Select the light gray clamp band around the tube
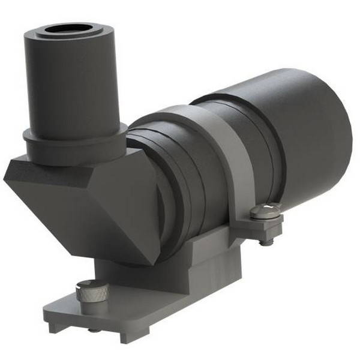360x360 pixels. click(x=231, y=156)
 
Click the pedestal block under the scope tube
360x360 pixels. click(x=204, y=264)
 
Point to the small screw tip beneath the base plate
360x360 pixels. click(x=94, y=329)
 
